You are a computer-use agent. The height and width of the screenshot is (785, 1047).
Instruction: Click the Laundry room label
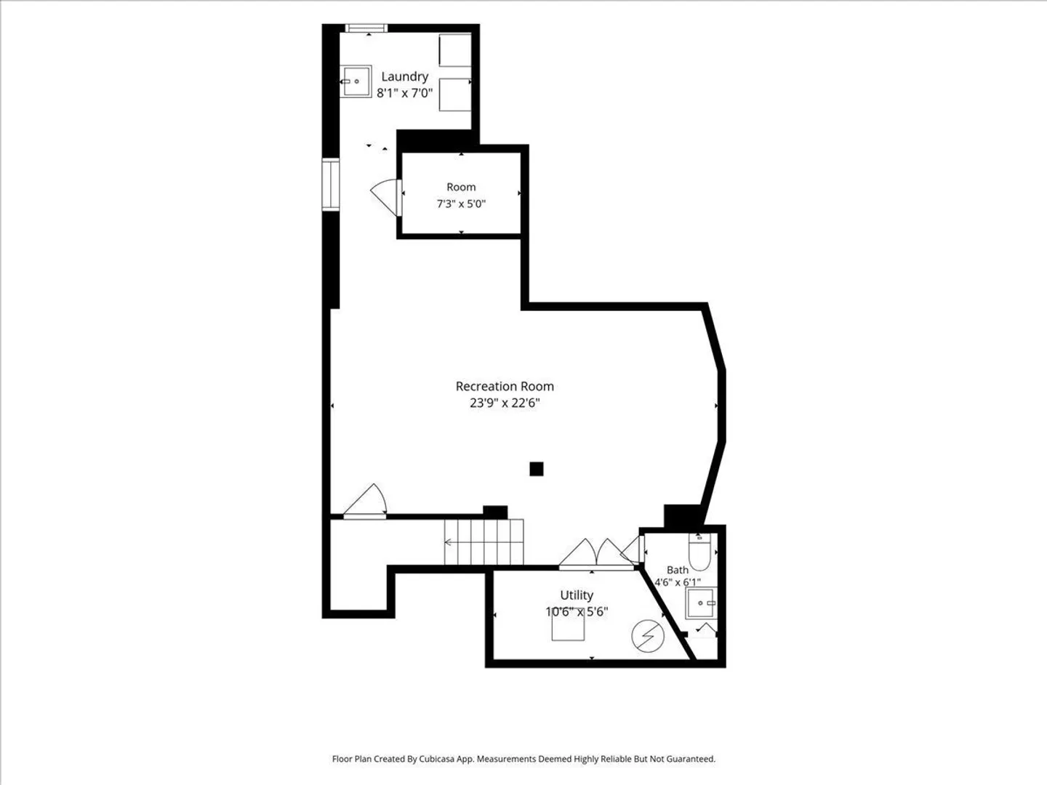[x=404, y=77]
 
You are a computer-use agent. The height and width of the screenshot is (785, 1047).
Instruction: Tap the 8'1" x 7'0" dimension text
[x=404, y=93]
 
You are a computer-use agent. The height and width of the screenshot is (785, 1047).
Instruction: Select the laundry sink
[x=356, y=81]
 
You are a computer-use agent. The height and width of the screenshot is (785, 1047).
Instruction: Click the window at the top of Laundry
[x=366, y=28]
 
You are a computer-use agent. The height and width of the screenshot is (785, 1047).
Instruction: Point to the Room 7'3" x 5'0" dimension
[x=461, y=204]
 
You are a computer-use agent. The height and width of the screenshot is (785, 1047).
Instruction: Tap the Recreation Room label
[x=505, y=386]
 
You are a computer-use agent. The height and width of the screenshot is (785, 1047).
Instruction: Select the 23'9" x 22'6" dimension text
[x=505, y=403]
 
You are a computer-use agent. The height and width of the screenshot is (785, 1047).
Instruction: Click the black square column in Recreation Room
[x=537, y=469]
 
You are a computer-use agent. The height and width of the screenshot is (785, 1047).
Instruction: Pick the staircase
[x=484, y=542]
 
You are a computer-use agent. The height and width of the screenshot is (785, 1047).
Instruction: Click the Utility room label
[x=577, y=595]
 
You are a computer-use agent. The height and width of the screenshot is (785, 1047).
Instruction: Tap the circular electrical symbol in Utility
[x=648, y=635]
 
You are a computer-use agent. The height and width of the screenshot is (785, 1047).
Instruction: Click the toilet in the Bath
[x=699, y=552]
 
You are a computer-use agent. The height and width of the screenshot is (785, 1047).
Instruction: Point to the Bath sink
[x=701, y=603]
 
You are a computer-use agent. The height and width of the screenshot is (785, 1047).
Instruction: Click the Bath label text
[x=678, y=570]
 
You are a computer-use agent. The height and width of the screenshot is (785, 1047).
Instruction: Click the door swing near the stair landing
[x=366, y=501]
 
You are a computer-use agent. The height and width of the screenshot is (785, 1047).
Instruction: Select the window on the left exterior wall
[x=331, y=185]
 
